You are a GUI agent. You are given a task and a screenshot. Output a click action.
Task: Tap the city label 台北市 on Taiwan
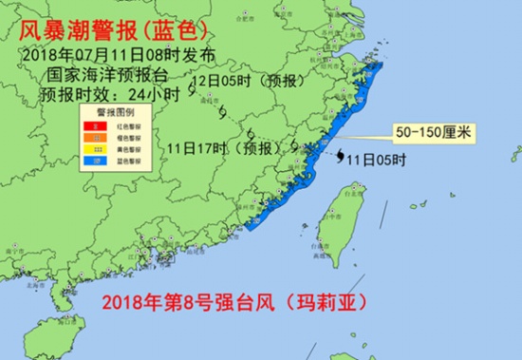click(358, 188)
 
